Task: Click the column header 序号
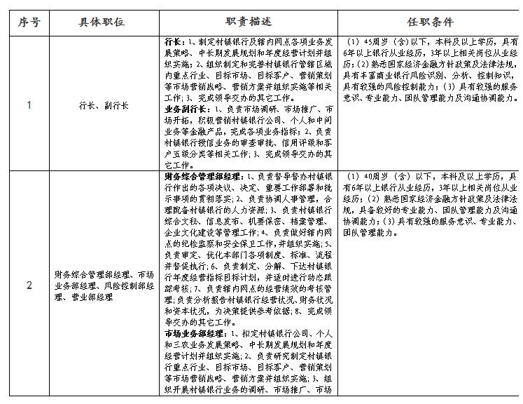[28, 22]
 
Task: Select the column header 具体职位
[102, 22]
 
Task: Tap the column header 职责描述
[249, 22]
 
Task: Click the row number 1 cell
[28, 105]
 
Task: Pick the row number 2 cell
[28, 285]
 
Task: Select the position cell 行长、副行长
[102, 105]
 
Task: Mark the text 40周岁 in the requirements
[371, 175]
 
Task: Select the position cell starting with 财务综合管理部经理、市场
[105, 285]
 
